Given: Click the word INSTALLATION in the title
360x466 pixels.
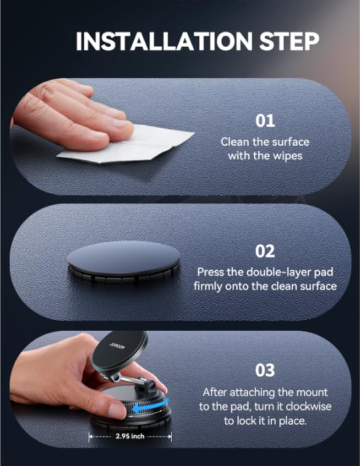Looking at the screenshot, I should click(163, 41).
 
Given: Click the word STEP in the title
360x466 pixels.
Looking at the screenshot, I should click(288, 41).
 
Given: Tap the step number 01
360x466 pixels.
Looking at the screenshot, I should click(265, 120).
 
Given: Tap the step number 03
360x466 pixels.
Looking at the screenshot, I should click(265, 370).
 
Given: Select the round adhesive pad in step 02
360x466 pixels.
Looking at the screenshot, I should click(123, 258).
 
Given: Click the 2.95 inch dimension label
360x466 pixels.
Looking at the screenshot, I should click(129, 437).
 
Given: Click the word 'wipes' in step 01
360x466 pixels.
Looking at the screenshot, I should click(287, 156).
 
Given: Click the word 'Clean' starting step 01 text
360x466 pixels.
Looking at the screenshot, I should click(234, 142).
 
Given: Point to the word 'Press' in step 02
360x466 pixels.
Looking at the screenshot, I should click(210, 272).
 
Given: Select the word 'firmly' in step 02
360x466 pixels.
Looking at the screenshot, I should click(209, 286).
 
